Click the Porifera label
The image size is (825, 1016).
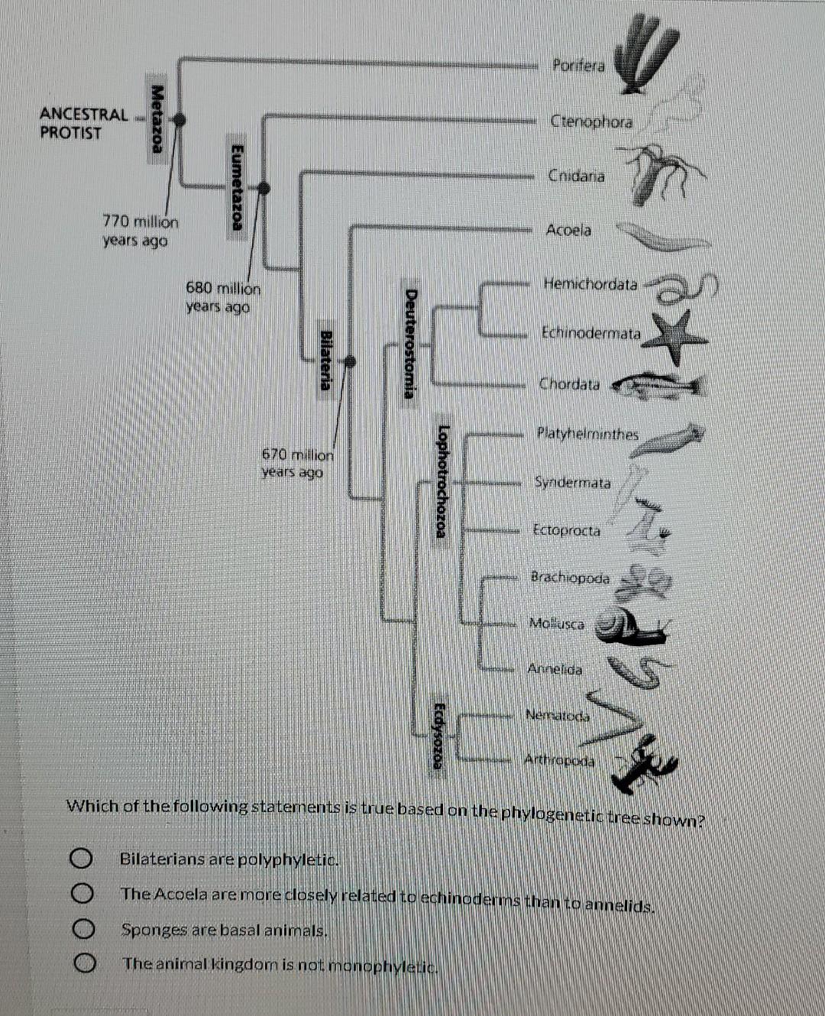578,66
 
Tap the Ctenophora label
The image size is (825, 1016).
591,121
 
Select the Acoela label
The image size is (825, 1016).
568,230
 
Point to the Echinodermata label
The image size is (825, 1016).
591,333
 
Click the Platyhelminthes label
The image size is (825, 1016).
587,434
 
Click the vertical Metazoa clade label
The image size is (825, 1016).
157,118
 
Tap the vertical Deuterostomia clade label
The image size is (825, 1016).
411,343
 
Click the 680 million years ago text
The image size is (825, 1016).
222,298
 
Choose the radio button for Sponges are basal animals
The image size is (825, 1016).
83,930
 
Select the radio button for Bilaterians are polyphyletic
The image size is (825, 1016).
83,859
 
